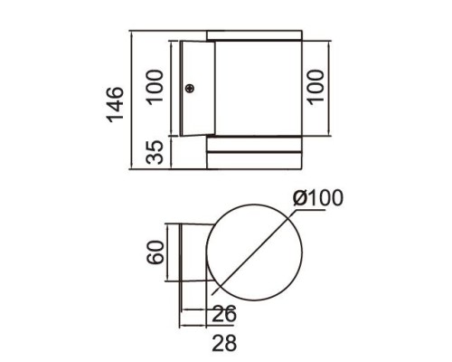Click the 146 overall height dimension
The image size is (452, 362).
point(115,106)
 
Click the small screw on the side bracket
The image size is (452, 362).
point(190,88)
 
